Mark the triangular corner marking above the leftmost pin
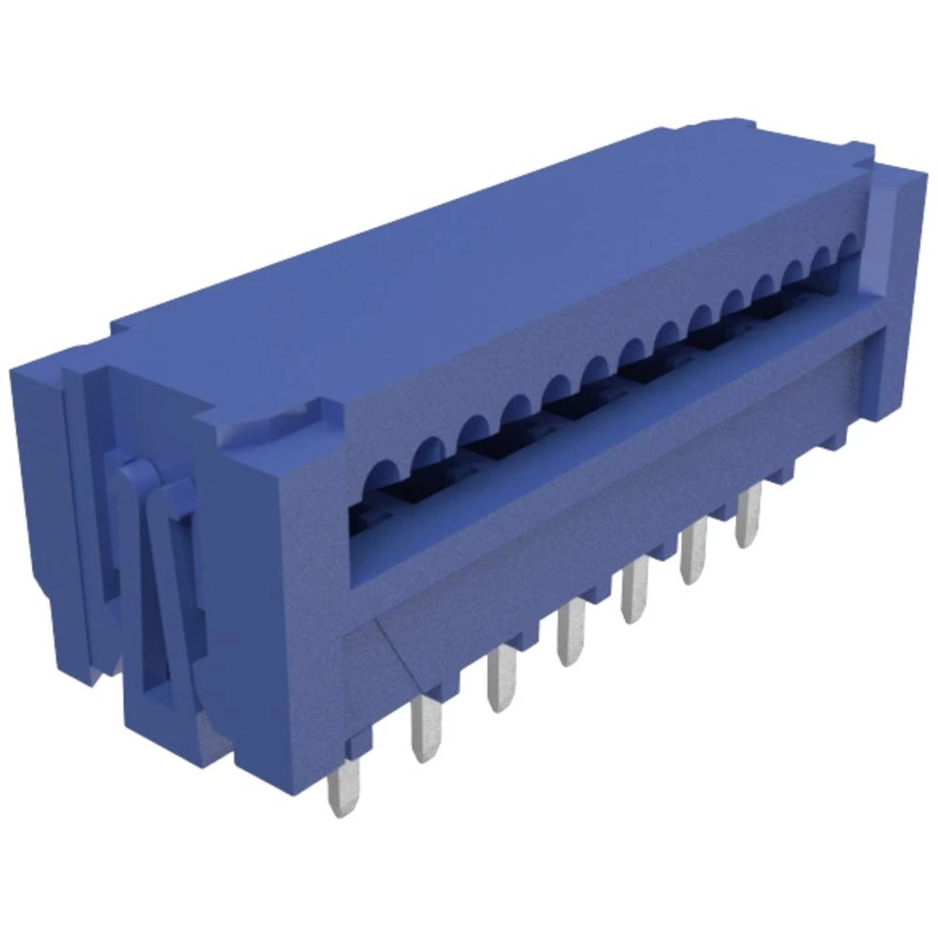coord(394,647)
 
